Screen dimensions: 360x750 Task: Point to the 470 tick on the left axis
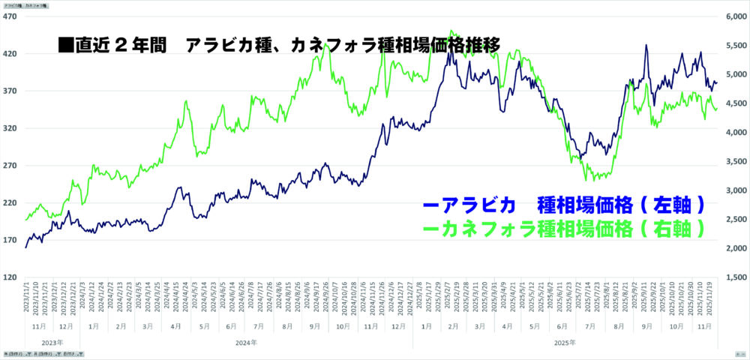pyautogui.click(x=11, y=16)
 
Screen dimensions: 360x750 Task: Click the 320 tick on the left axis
pyautogui.click(x=11, y=128)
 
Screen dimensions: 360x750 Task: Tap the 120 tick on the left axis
pyautogui.click(x=11, y=277)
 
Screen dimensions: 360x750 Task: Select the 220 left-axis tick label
pyautogui.click(x=11, y=202)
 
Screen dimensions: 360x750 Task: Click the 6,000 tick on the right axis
pyautogui.click(x=733, y=16)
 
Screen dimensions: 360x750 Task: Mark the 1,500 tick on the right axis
pyautogui.click(x=733, y=277)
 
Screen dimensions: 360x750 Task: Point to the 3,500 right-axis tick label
pyautogui.click(x=733, y=161)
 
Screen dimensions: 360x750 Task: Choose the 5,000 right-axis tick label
pyautogui.click(x=733, y=74)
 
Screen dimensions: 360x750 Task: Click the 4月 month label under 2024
pyautogui.click(x=175, y=327)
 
